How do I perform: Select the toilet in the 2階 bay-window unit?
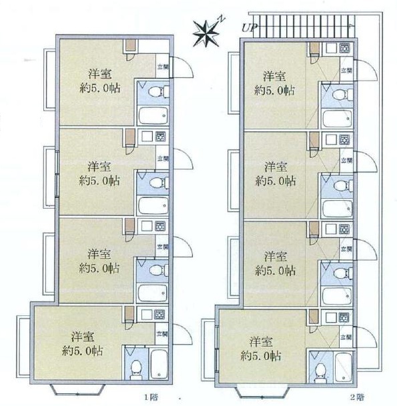318,369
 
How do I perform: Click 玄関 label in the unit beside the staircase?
346,69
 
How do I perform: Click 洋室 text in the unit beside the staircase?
273,75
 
